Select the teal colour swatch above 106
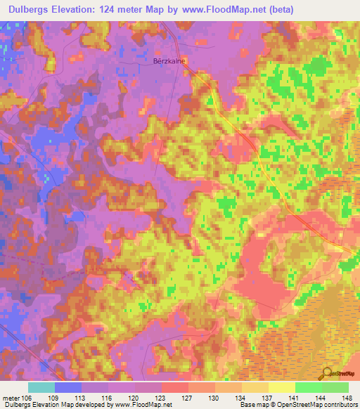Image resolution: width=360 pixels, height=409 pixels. tap(41, 387)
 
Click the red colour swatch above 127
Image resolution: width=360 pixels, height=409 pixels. tap(175, 387)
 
